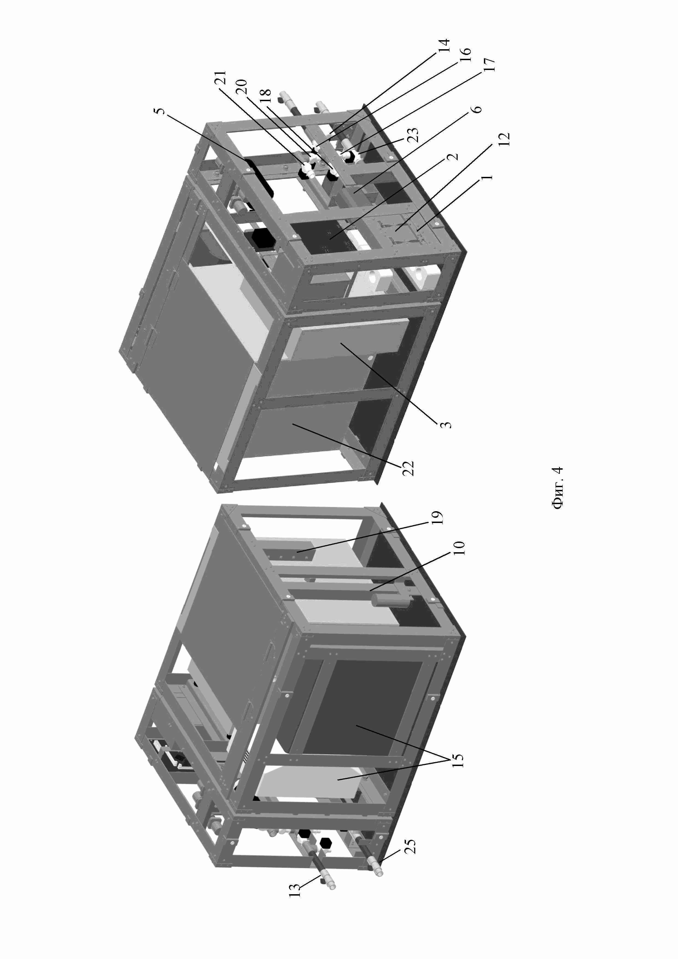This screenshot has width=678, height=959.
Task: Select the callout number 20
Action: [x=242, y=86]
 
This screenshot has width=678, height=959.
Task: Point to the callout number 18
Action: [x=266, y=96]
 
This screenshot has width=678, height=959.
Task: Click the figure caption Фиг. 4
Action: [x=558, y=487]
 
